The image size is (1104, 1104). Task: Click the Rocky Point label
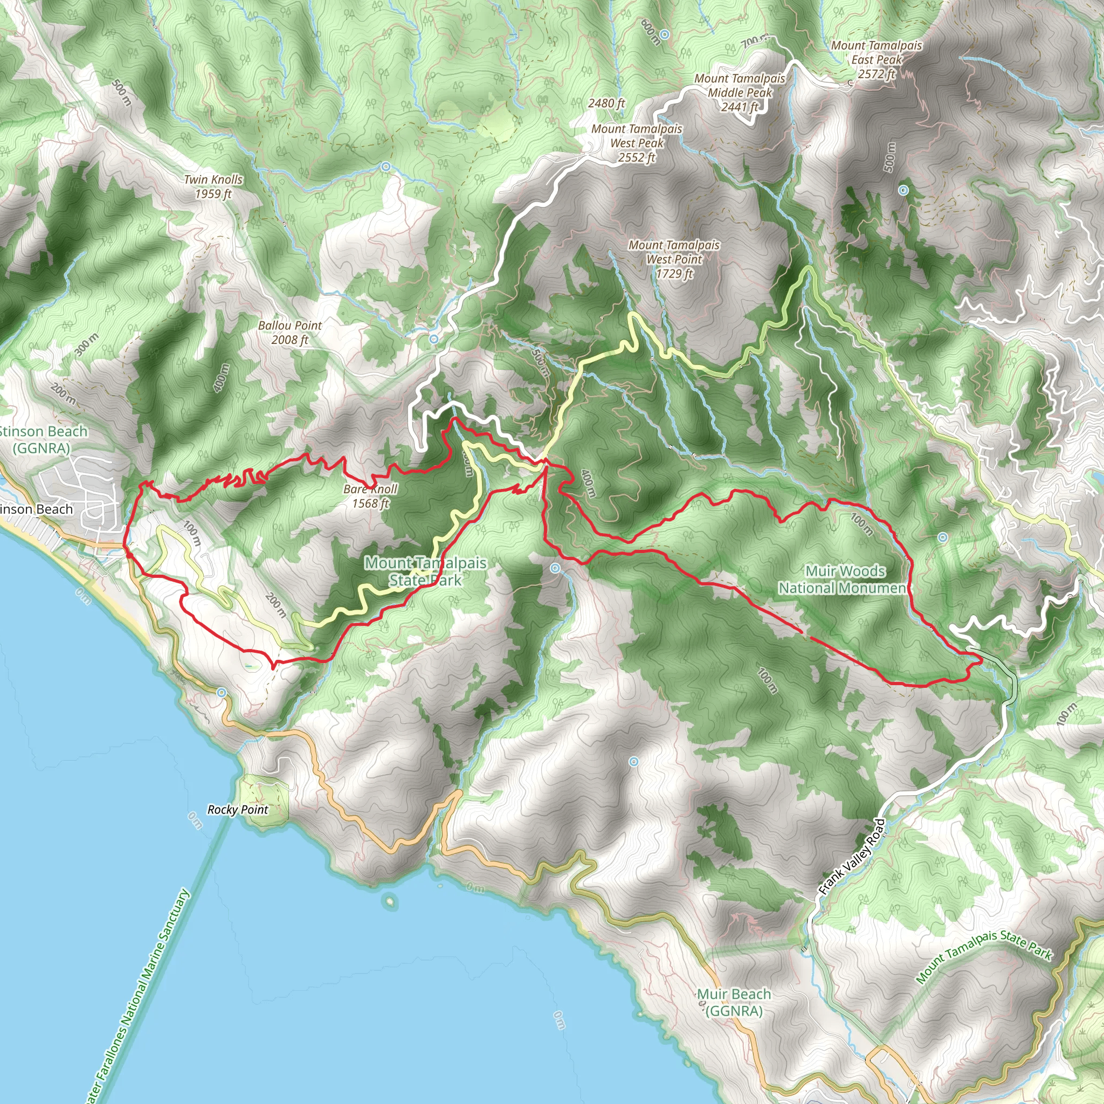[x=238, y=809]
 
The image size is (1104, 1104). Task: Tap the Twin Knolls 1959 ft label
[x=213, y=187]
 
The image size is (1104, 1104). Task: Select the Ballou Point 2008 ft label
[x=289, y=333]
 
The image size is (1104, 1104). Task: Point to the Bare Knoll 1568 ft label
[x=370, y=496]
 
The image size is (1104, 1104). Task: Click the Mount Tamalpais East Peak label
[x=877, y=59]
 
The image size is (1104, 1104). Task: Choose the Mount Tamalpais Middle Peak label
[x=740, y=93]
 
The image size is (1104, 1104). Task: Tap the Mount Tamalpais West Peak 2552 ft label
[x=637, y=143]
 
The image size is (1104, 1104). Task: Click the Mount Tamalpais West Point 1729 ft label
[x=674, y=259]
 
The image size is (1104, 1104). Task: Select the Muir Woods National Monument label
[x=845, y=579]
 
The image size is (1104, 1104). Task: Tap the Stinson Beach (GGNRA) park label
[x=44, y=439]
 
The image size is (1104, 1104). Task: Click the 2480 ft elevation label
[x=606, y=103]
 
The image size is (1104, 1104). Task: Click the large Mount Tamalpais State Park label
[x=426, y=571]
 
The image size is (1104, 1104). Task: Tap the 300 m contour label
[x=86, y=344]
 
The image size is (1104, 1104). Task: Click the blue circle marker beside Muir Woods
[x=942, y=537]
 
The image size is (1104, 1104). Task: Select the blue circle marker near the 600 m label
[x=664, y=36]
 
